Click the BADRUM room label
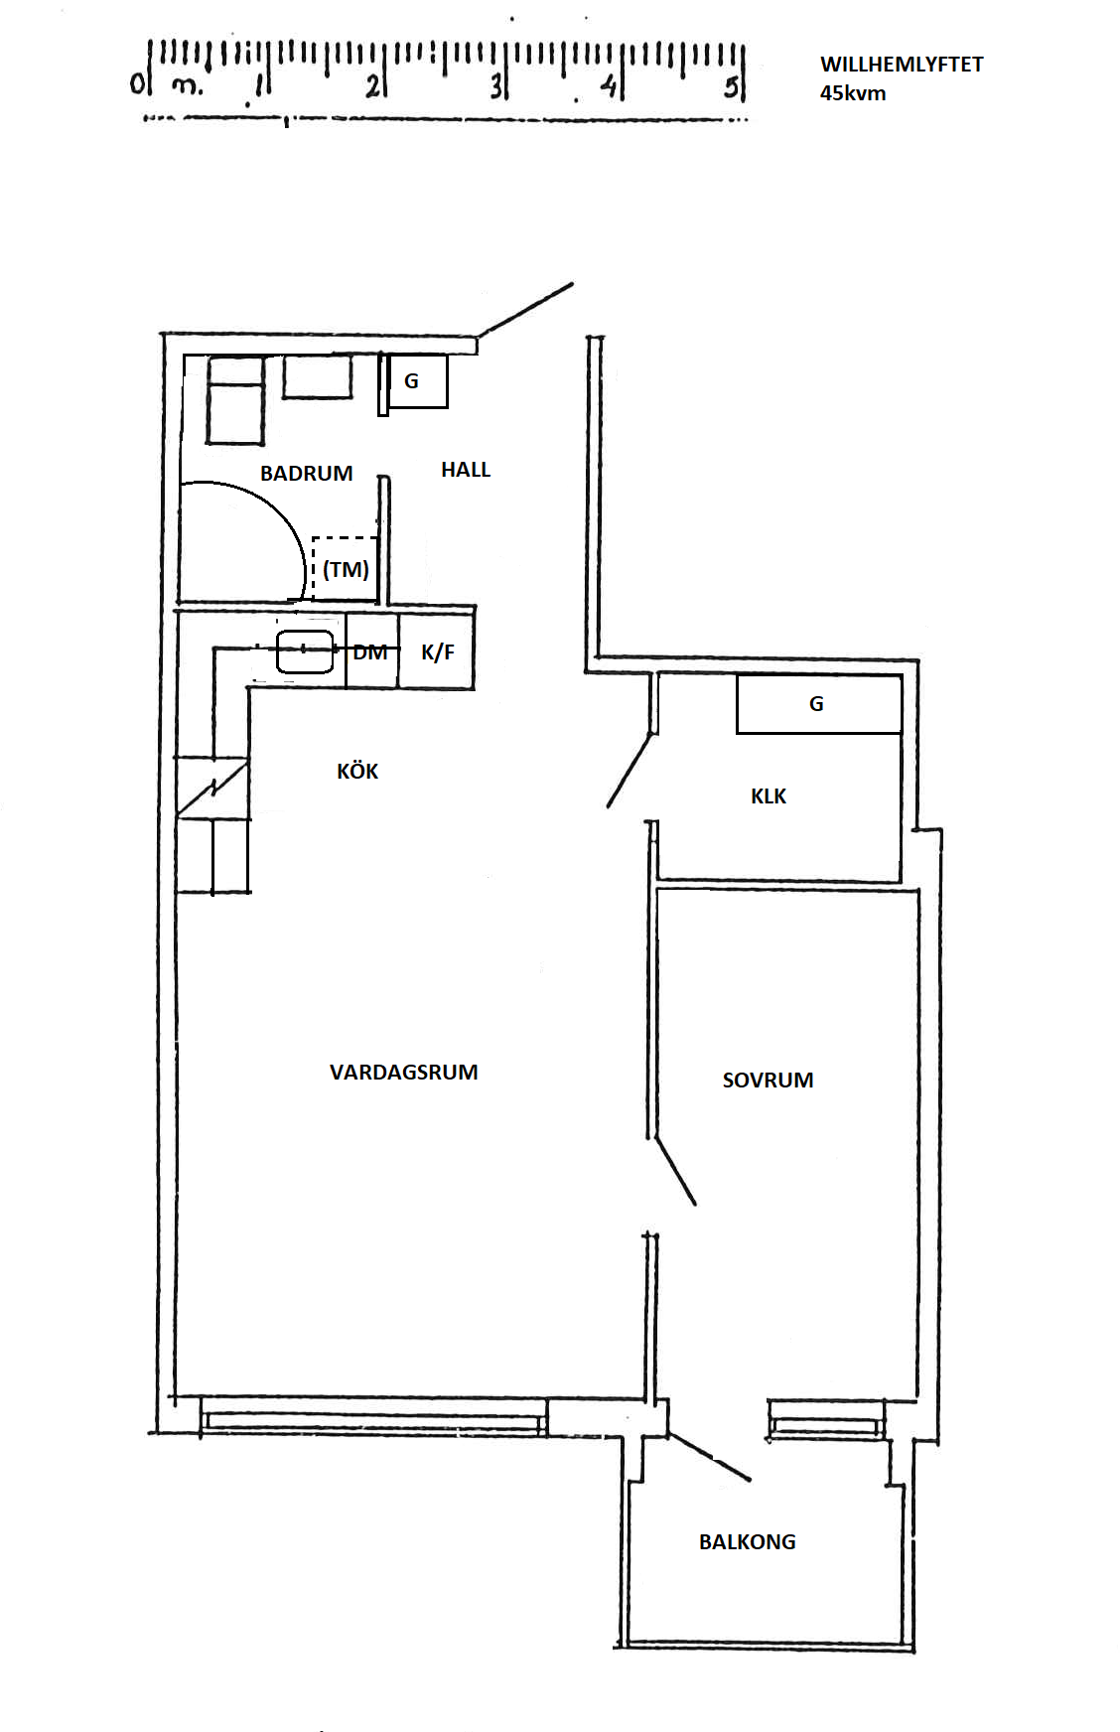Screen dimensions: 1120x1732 (306, 474)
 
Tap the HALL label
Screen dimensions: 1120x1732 (466, 470)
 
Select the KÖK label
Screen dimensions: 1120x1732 (357, 771)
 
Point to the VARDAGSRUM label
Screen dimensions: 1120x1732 (404, 1073)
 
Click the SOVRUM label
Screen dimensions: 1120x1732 (768, 1081)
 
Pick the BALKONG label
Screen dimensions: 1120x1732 (748, 1542)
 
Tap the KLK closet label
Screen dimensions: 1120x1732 (769, 796)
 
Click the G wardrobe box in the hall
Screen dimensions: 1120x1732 (417, 380)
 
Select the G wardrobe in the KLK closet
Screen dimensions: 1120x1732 (819, 704)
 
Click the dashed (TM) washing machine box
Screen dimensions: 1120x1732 (346, 569)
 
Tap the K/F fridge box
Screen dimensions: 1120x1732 (437, 651)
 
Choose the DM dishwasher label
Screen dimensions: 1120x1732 (370, 652)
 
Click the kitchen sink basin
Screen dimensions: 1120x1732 (305, 651)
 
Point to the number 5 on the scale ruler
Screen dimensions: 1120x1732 (731, 87)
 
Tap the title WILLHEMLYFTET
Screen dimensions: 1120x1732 (902, 65)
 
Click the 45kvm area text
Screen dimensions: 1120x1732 (853, 93)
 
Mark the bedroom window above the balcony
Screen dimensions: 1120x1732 (826, 1419)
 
